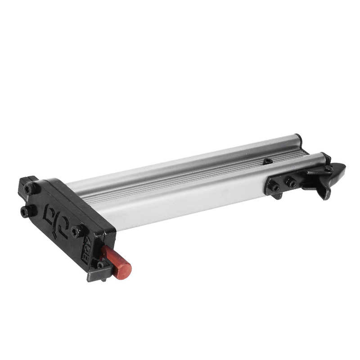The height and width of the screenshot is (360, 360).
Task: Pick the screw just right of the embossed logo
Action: [76, 231]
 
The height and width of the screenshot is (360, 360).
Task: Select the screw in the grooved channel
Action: [268, 161]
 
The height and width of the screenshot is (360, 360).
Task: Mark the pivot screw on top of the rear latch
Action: [328, 169]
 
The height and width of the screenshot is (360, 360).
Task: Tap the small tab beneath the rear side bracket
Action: [278, 196]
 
